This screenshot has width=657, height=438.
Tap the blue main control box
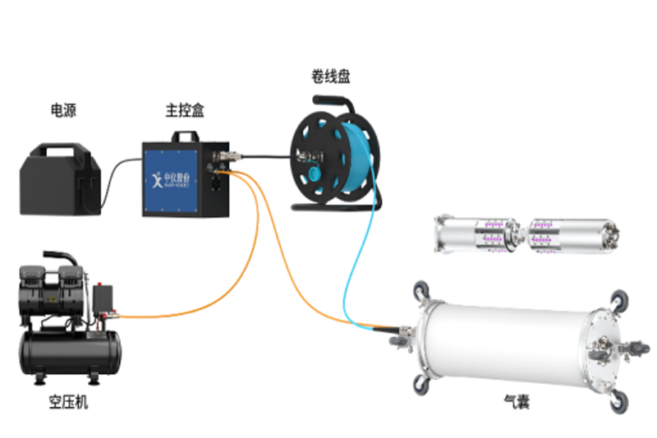point(176,180)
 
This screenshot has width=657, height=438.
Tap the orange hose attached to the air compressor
point(189,304)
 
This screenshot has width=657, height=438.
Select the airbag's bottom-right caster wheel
point(612,402)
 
